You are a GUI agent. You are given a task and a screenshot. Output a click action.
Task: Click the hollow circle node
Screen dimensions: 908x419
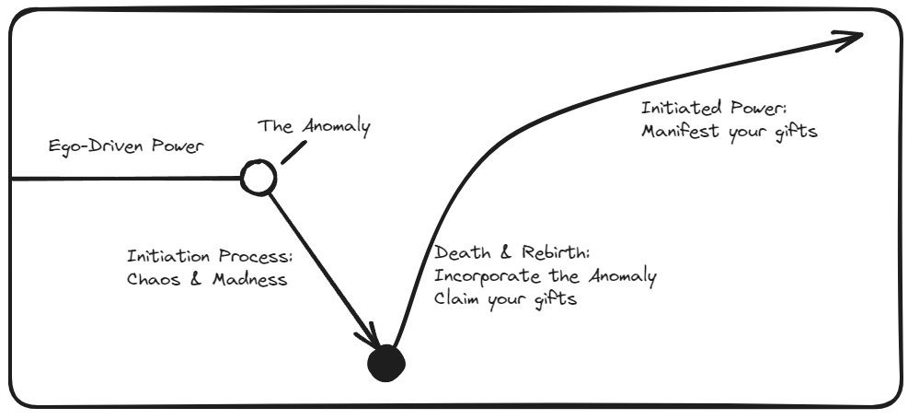pyautogui.click(x=258, y=177)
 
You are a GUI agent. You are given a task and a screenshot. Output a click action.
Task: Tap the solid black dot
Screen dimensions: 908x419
pyautogui.click(x=385, y=363)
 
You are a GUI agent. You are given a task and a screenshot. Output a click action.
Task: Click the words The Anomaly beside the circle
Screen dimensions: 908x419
pyautogui.click(x=314, y=125)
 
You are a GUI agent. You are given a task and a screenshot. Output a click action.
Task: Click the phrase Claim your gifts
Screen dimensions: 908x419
pyautogui.click(x=505, y=300)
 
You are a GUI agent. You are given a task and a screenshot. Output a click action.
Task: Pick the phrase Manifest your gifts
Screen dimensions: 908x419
pyautogui.click(x=727, y=132)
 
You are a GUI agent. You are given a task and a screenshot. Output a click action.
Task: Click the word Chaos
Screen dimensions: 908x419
pyautogui.click(x=146, y=279)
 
